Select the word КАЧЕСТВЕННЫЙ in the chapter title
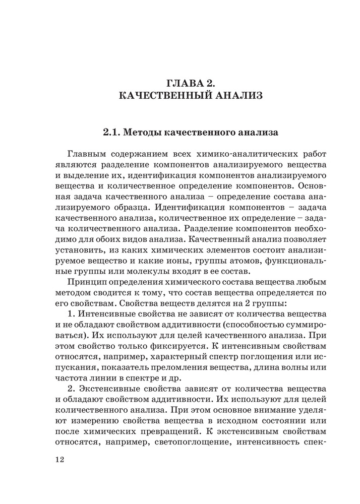[163, 95]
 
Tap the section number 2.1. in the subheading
[111, 134]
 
